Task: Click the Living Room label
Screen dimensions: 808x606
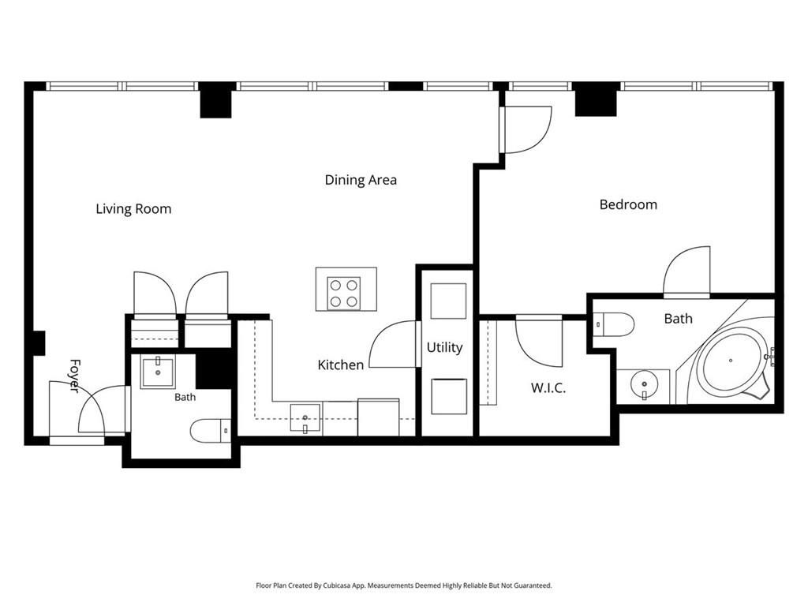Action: (133, 208)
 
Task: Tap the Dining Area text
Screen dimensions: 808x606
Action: (361, 180)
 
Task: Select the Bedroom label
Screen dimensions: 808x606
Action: (628, 204)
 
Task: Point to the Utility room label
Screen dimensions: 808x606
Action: (444, 348)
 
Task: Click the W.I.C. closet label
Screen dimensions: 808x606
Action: (548, 387)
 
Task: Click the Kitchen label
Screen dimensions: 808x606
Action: (341, 365)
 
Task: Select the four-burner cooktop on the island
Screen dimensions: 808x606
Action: (344, 294)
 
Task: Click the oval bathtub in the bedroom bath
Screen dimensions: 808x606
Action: (731, 361)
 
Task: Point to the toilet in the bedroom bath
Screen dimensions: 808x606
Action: (613, 324)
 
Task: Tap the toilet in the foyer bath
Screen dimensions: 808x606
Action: (211, 430)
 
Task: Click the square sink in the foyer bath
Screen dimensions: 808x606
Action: (158, 371)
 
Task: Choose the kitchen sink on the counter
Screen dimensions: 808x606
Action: (305, 418)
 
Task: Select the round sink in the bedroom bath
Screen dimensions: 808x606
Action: (644, 384)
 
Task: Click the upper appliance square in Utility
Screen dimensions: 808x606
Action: (448, 301)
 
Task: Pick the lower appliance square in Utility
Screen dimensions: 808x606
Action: (449, 396)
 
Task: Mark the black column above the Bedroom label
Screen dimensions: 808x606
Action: (596, 99)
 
